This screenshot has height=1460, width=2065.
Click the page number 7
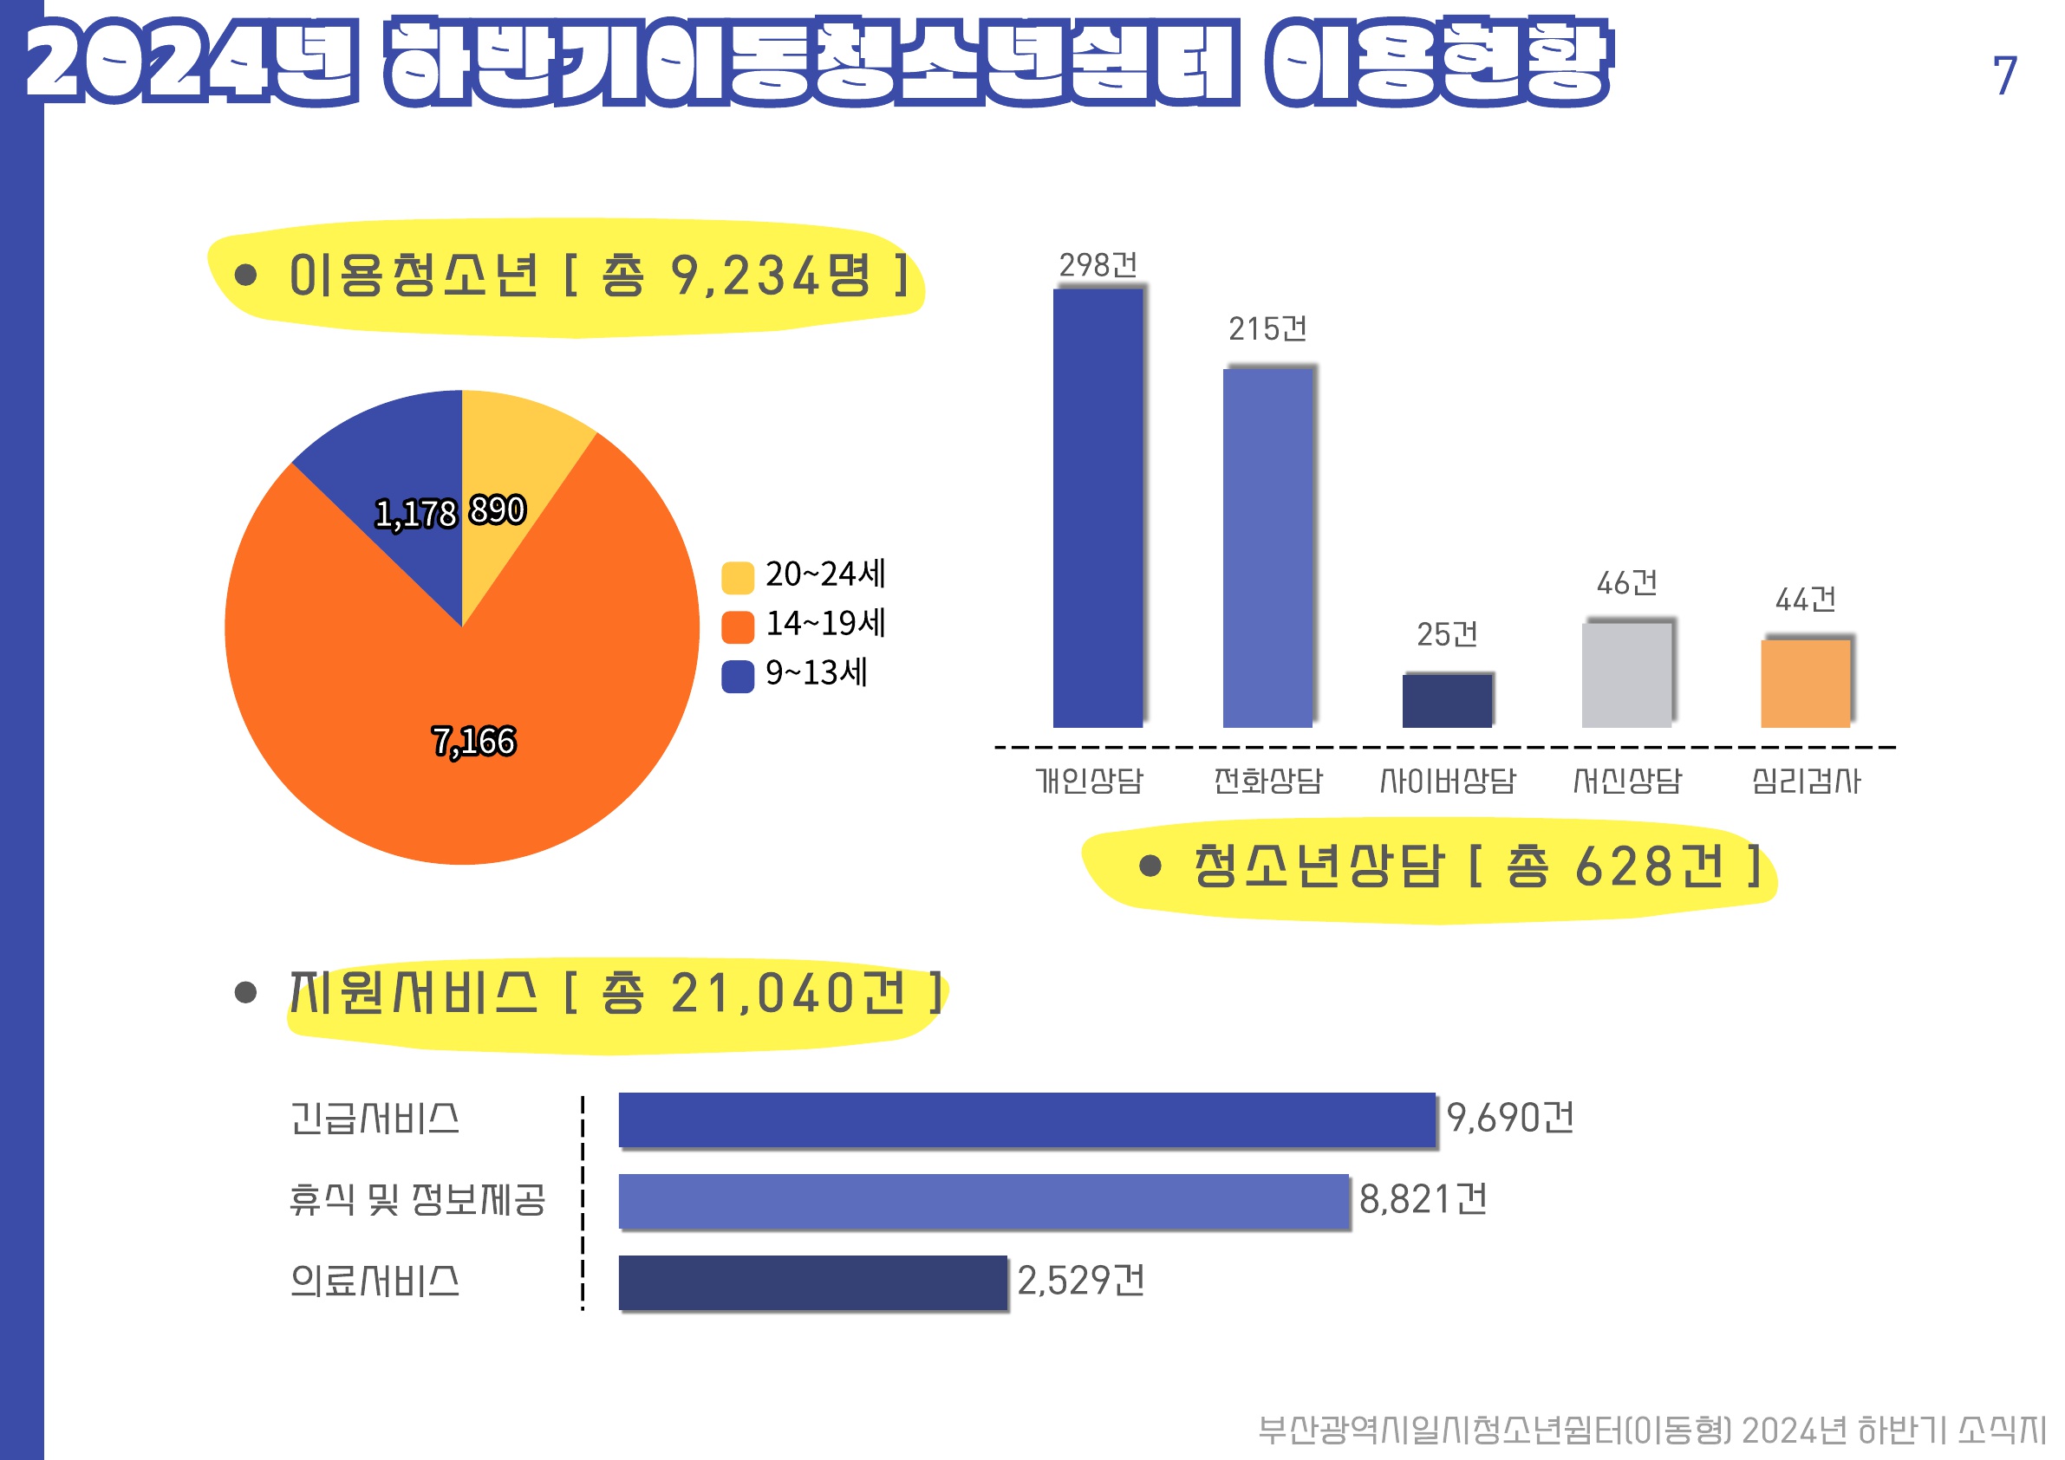point(2003,75)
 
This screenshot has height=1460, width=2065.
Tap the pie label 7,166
point(474,742)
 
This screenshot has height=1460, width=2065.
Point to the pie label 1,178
point(415,514)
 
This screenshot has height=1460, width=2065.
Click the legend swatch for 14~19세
point(738,627)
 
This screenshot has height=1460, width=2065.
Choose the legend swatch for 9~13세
point(738,677)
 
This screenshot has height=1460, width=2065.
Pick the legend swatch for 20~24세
point(738,578)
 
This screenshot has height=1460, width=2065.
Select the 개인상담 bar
point(1098,508)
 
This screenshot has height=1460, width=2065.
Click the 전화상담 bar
point(1267,548)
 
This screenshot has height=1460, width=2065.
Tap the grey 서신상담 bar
point(1626,675)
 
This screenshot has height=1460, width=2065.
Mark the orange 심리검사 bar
point(1805,684)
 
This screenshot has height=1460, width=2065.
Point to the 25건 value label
point(1447,635)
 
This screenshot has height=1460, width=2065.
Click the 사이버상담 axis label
point(1447,781)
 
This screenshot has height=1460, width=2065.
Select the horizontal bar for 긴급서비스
point(1026,1120)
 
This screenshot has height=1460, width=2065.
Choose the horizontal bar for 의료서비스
point(812,1283)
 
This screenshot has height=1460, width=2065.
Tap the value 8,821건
point(1423,1200)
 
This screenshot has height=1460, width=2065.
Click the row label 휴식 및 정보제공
point(417,1200)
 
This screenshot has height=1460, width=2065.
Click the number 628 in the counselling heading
point(1613,867)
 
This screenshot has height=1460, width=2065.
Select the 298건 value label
point(1098,265)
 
